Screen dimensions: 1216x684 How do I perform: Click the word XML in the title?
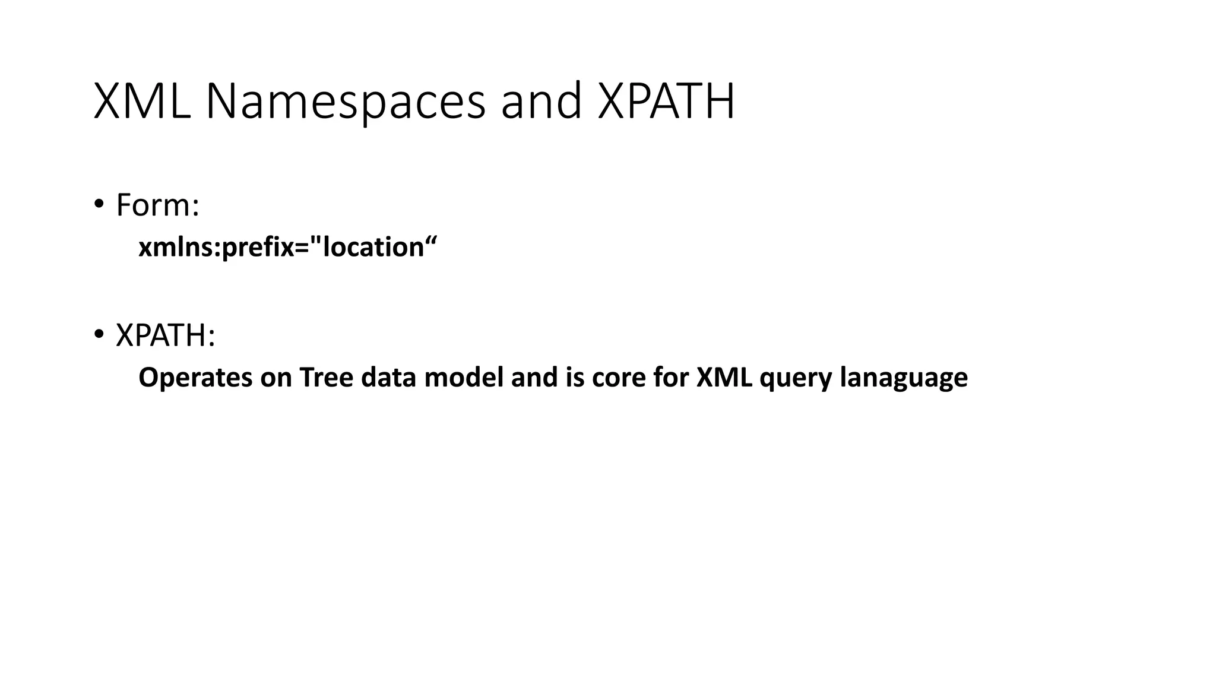coord(142,101)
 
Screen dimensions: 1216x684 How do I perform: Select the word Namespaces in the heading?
coord(346,101)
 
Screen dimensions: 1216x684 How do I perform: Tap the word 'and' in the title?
coord(541,101)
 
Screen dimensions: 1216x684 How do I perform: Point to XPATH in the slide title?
coord(666,101)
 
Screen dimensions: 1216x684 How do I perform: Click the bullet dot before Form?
coord(99,204)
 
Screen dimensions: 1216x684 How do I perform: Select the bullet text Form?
coord(157,205)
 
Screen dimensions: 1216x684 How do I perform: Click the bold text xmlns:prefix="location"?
coord(287,247)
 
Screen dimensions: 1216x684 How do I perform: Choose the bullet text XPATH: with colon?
coord(165,335)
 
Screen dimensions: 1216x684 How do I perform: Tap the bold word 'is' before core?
coord(575,378)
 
